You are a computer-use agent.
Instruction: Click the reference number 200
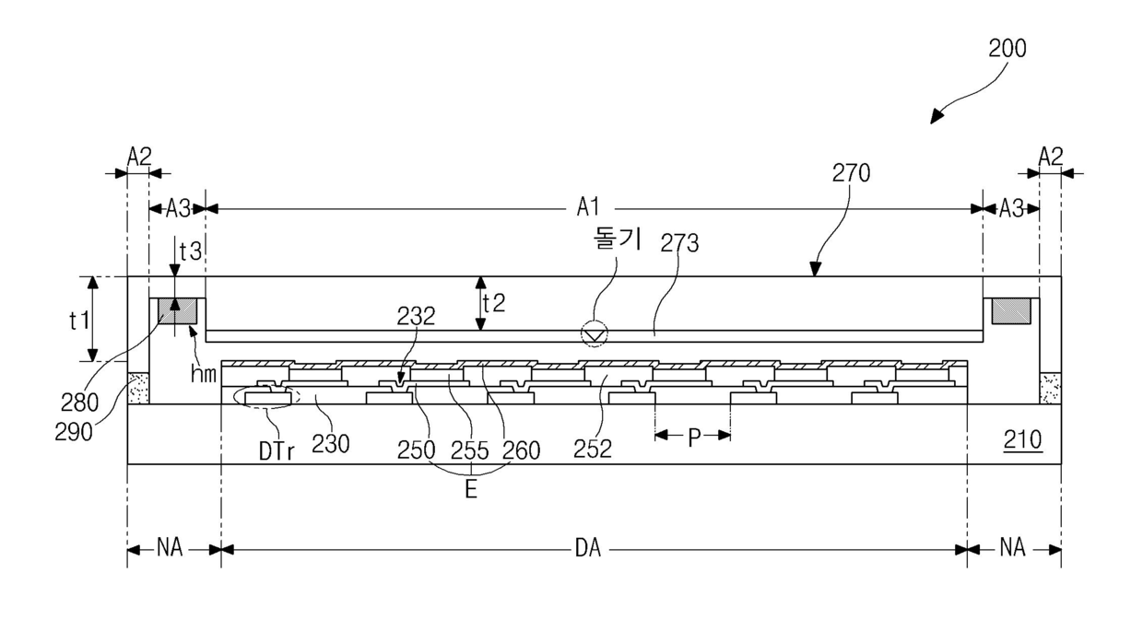(1007, 49)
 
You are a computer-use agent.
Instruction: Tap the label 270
(851, 173)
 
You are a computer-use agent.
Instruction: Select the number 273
(679, 243)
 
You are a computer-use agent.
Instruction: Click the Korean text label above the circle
(617, 239)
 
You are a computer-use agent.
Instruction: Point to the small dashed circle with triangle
(595, 334)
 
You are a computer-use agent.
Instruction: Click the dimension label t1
(79, 321)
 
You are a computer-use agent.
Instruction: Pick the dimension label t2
(494, 303)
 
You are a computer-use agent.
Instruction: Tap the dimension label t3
(190, 251)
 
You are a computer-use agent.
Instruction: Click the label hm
(203, 374)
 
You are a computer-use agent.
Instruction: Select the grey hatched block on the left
(177, 310)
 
